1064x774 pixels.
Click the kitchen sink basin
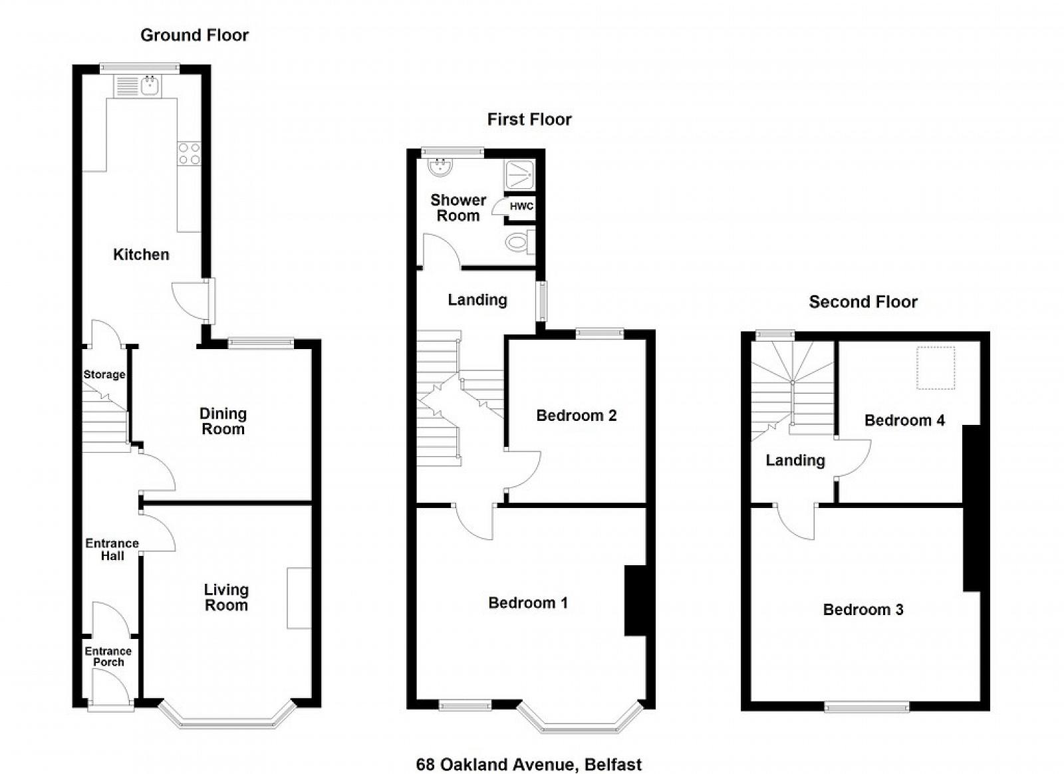click(x=151, y=86)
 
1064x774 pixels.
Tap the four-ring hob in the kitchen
click(x=189, y=154)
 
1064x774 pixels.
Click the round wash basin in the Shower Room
click(x=440, y=167)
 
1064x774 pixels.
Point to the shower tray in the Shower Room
click(x=519, y=176)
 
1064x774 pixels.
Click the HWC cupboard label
click(x=521, y=207)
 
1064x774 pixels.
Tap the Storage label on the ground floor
click(x=104, y=374)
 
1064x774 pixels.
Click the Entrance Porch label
click(x=108, y=656)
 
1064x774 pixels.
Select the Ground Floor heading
click(x=195, y=35)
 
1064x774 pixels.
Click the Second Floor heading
click(x=863, y=302)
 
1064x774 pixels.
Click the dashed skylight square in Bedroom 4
click(x=935, y=368)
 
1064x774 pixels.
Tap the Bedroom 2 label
click(x=576, y=416)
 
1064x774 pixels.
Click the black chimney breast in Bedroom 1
click(x=635, y=600)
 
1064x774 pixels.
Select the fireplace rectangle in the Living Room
click(x=299, y=598)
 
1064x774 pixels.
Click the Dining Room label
click(x=223, y=421)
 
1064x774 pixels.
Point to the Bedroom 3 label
click(x=863, y=609)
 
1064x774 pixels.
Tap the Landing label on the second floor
click(x=795, y=460)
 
